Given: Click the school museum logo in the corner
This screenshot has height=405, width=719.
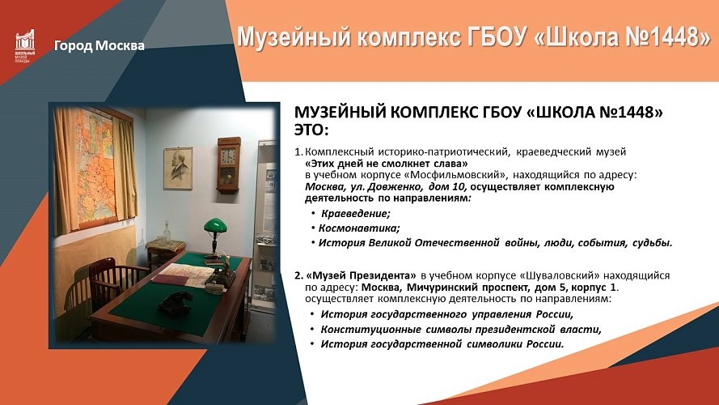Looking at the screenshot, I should tap(24, 47).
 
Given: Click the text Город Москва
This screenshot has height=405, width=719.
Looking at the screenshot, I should tap(99, 45).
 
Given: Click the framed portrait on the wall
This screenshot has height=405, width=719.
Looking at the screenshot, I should tap(177, 168).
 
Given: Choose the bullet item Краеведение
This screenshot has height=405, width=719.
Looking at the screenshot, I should tap(355, 214).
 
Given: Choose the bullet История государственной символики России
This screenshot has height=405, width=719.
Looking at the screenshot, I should tap(442, 343).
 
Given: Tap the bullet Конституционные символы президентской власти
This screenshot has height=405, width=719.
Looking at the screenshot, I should tap(461, 329).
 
